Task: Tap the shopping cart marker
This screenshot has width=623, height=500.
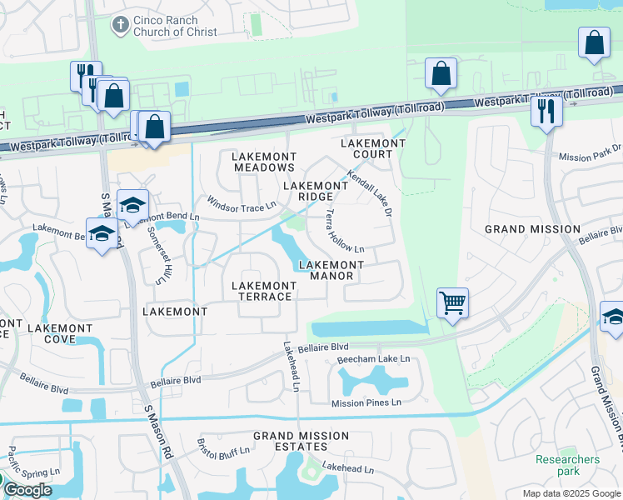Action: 452,302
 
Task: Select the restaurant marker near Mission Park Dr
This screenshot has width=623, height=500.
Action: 546,111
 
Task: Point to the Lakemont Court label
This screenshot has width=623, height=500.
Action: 373,148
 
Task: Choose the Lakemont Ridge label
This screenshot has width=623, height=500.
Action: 316,191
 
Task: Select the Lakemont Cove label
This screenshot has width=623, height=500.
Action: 60,334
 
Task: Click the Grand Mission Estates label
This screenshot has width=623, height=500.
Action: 302,442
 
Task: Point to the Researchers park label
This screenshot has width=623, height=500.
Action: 567,465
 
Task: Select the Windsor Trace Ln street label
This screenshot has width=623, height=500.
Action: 242,203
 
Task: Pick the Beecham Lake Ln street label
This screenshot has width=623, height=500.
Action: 374,359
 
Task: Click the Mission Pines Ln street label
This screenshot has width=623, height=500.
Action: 366,402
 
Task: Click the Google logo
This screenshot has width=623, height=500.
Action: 27,490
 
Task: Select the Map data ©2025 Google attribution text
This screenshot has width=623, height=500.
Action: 571,493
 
